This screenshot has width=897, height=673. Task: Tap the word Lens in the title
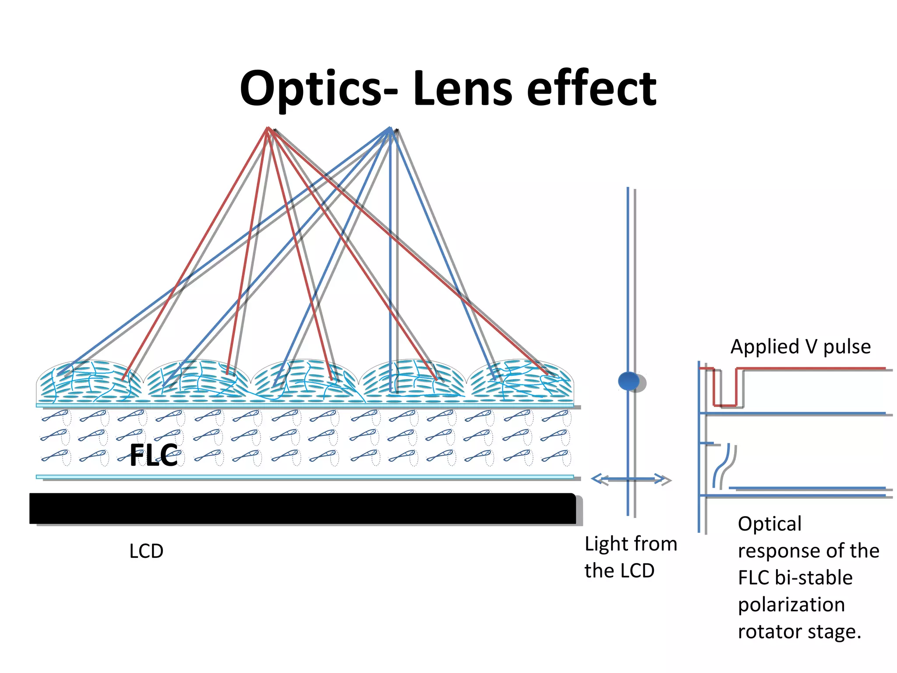pyautogui.click(x=462, y=89)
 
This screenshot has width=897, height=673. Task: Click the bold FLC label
pyautogui.click(x=154, y=455)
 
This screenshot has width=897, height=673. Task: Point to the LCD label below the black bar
pyautogui.click(x=146, y=551)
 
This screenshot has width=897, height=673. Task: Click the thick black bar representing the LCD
pyautogui.click(x=302, y=508)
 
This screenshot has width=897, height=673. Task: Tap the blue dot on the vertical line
pyautogui.click(x=629, y=381)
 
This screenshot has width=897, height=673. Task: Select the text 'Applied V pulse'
pyautogui.click(x=800, y=347)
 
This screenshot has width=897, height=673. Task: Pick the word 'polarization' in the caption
pyautogui.click(x=791, y=605)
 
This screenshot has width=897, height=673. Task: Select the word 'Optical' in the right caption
pyautogui.click(x=770, y=524)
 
